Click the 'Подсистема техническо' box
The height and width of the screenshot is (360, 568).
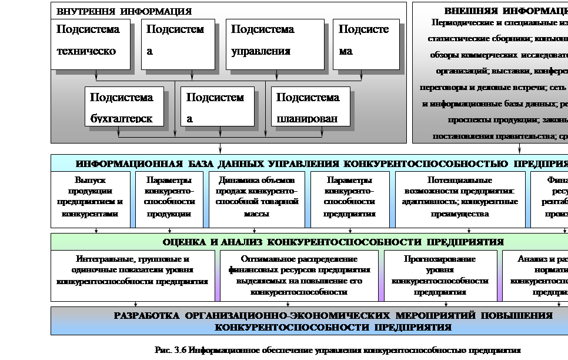click(x=91, y=44)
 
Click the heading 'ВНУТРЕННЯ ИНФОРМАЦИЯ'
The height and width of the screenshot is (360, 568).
click(x=124, y=11)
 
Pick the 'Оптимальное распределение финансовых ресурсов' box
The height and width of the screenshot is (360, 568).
click(x=299, y=275)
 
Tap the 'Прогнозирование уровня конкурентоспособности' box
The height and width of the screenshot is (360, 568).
click(x=439, y=275)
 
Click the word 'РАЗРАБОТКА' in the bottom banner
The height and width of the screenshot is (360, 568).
click(x=146, y=316)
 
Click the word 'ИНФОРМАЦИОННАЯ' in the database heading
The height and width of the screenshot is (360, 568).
click(x=121, y=163)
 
